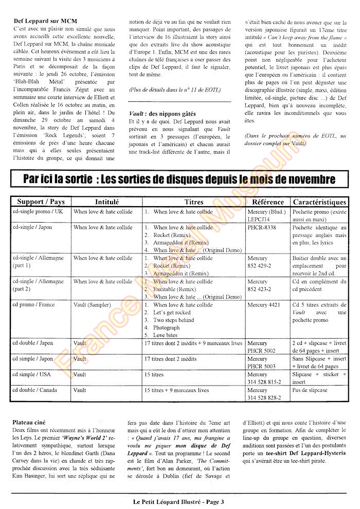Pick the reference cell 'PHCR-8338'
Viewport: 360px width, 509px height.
tap(261, 227)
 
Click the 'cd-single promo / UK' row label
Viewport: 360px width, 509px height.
tap(38, 212)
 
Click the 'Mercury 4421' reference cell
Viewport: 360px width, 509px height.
tap(264, 305)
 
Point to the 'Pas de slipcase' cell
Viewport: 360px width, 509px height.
tap(310, 390)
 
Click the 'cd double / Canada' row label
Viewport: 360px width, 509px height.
tap(36, 390)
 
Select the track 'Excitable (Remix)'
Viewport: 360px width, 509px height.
tap(176, 289)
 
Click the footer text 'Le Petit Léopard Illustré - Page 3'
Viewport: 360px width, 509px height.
tap(178, 500)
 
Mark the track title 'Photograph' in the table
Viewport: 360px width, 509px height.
tap(167, 328)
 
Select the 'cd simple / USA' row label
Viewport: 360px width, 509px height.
tap(32, 375)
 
